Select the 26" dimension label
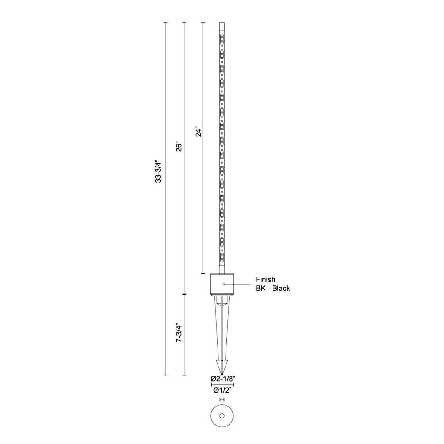(179, 147)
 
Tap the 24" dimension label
(198, 132)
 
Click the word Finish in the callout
(265, 280)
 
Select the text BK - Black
(273, 288)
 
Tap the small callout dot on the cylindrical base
(224, 284)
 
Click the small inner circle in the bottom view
(222, 416)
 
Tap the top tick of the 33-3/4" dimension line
(166, 23)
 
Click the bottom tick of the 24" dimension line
(203, 273)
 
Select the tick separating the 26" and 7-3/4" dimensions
(184, 295)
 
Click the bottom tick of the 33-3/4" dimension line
(166, 375)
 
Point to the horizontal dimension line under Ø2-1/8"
(222, 384)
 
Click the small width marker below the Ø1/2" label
(222, 399)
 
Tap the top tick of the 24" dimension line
(203, 23)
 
